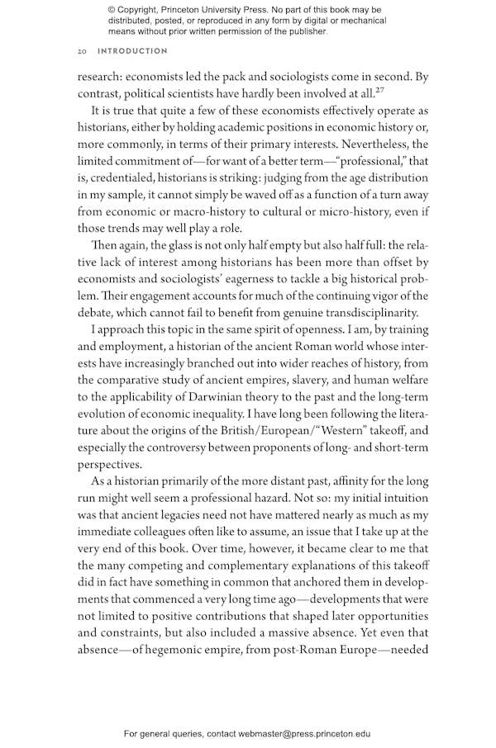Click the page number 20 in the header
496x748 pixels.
82,51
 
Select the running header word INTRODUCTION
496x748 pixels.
132,51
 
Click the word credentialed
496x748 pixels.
121,178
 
